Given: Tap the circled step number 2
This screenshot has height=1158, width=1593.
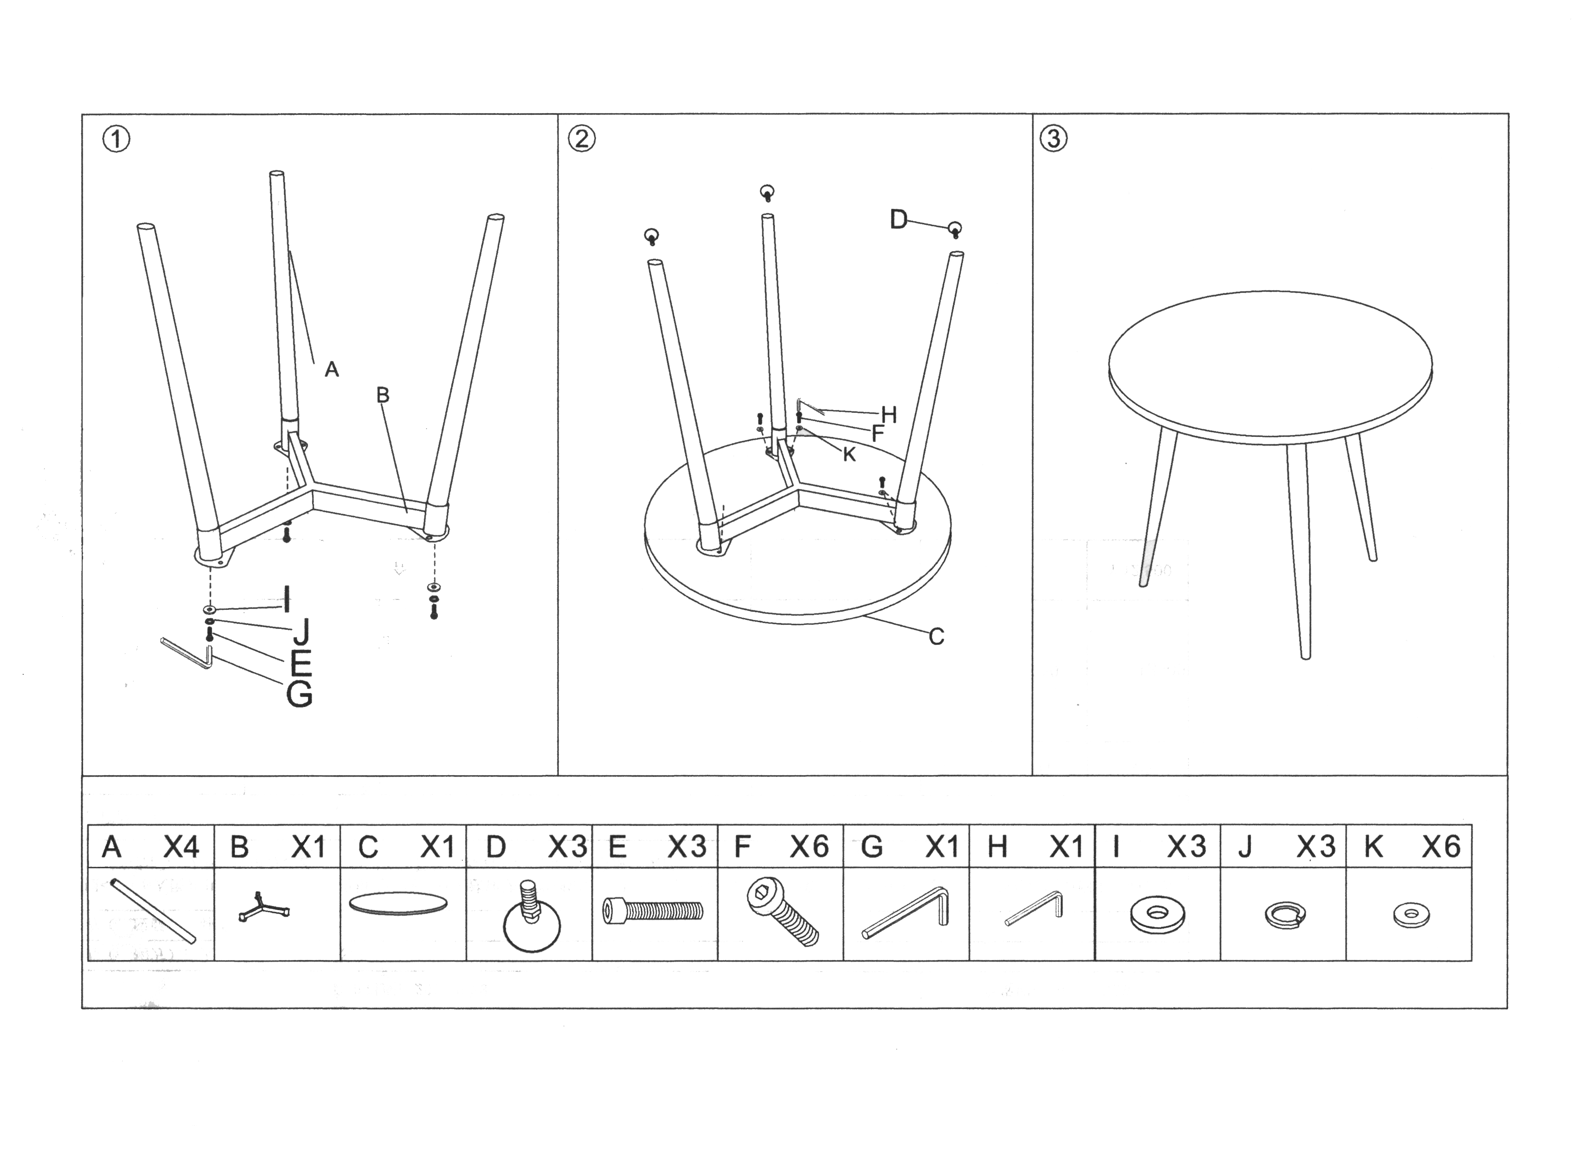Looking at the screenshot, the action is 581,139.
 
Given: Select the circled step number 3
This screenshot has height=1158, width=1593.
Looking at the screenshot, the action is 1053,139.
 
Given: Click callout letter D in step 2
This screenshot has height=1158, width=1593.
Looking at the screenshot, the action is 899,220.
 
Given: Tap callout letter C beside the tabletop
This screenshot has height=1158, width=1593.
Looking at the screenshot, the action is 936,636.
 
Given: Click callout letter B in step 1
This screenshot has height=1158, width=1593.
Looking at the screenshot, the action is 383,396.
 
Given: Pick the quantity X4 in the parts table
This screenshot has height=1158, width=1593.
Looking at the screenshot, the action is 181,847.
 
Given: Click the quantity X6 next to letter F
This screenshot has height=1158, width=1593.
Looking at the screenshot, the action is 809,847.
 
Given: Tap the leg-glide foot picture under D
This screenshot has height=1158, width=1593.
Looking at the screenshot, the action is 532,916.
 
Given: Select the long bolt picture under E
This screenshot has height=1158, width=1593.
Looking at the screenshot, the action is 653,911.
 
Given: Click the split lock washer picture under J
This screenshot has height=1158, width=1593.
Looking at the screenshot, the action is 1285,915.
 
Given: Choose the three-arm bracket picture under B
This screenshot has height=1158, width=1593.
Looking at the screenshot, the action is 263,907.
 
